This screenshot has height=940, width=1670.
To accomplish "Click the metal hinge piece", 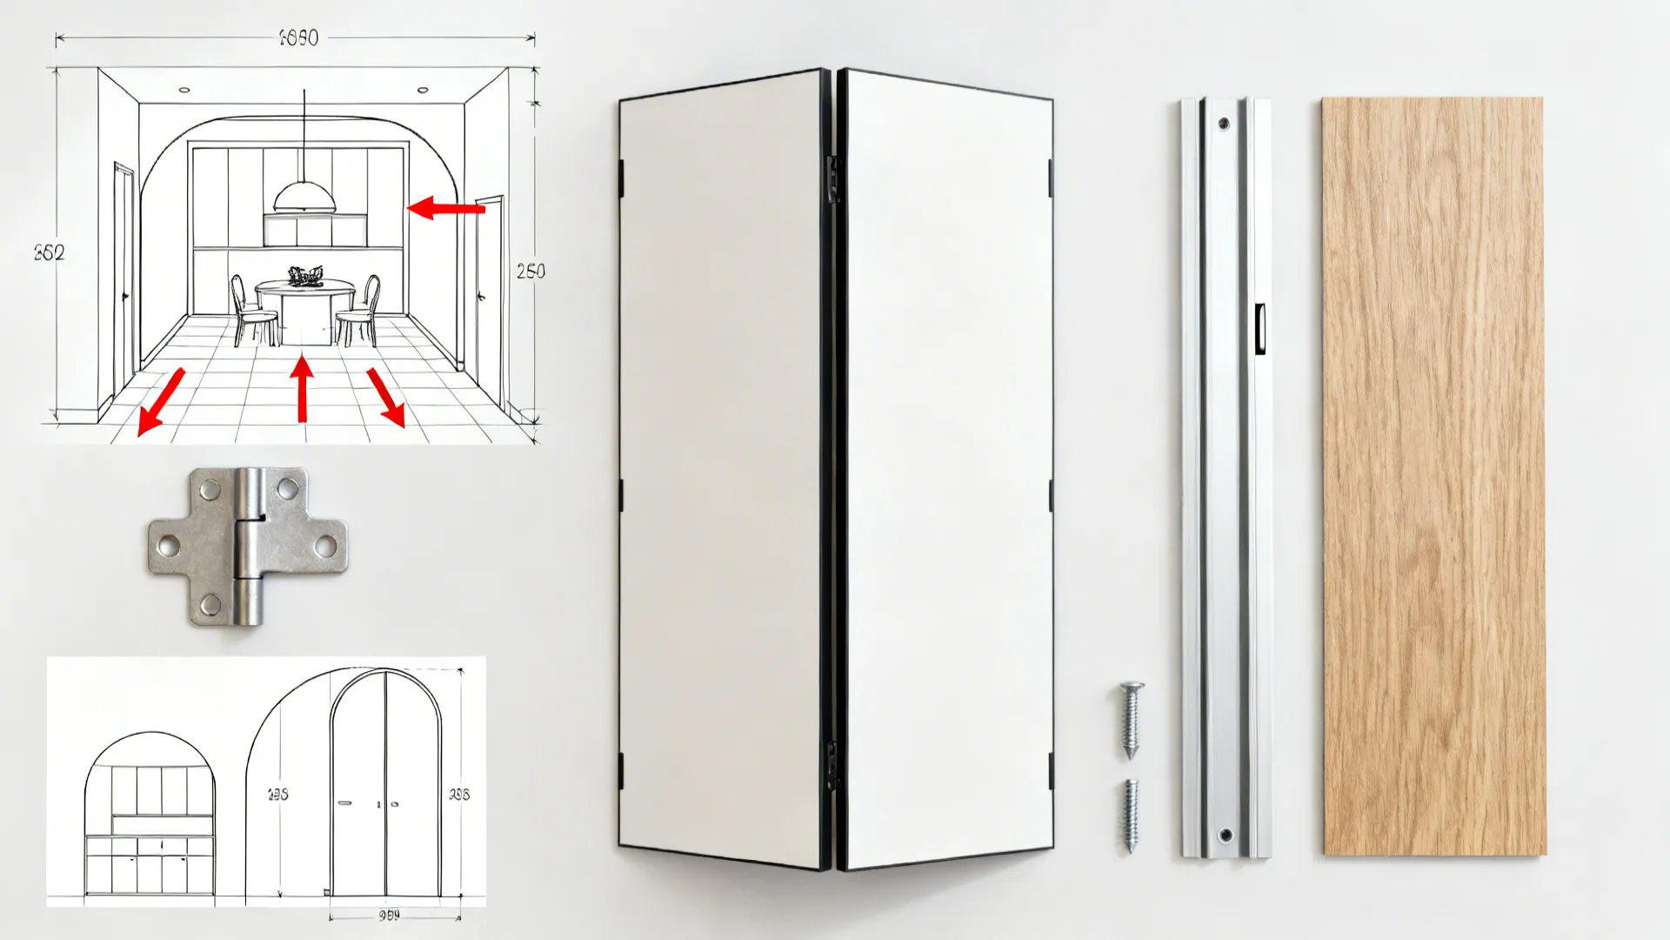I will coord(248,547).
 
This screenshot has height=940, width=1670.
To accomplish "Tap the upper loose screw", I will coord(1130,719).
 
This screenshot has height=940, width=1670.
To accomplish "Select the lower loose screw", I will coord(1130,816).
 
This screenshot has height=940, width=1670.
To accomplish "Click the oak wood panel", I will coord(1433,476).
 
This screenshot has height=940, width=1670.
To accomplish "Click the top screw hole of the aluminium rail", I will coord(1224,124).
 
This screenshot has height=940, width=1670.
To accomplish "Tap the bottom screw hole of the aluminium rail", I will coord(1225,836).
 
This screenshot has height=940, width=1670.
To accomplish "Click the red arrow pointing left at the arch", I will coord(445,208).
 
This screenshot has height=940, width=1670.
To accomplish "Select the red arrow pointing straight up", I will coord(302,388).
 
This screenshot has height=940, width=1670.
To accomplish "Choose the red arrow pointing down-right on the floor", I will coord(386,397).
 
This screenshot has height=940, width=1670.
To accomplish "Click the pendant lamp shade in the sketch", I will coord(304,198).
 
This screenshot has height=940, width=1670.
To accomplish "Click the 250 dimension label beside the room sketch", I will coord(531,272).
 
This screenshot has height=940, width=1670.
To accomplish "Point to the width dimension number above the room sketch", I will coord(298,37).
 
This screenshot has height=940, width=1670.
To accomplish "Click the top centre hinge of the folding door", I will coord(832,178).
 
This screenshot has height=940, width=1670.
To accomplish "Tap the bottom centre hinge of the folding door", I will coord(832,764).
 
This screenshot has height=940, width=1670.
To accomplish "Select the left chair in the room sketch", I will coord(250,310).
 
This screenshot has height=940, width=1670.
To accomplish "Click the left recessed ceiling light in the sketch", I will coord(184,90).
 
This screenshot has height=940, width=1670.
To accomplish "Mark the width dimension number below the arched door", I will coord(389,916).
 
